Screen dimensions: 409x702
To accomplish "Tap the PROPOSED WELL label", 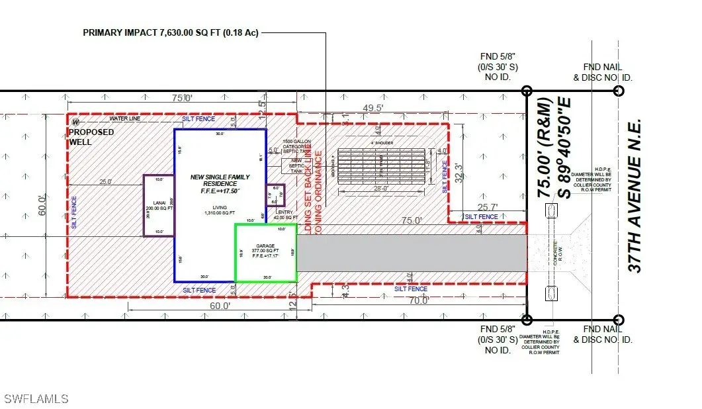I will [91, 137].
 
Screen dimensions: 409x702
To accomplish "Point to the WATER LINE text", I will [126, 119].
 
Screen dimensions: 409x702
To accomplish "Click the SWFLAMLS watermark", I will [36, 398].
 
